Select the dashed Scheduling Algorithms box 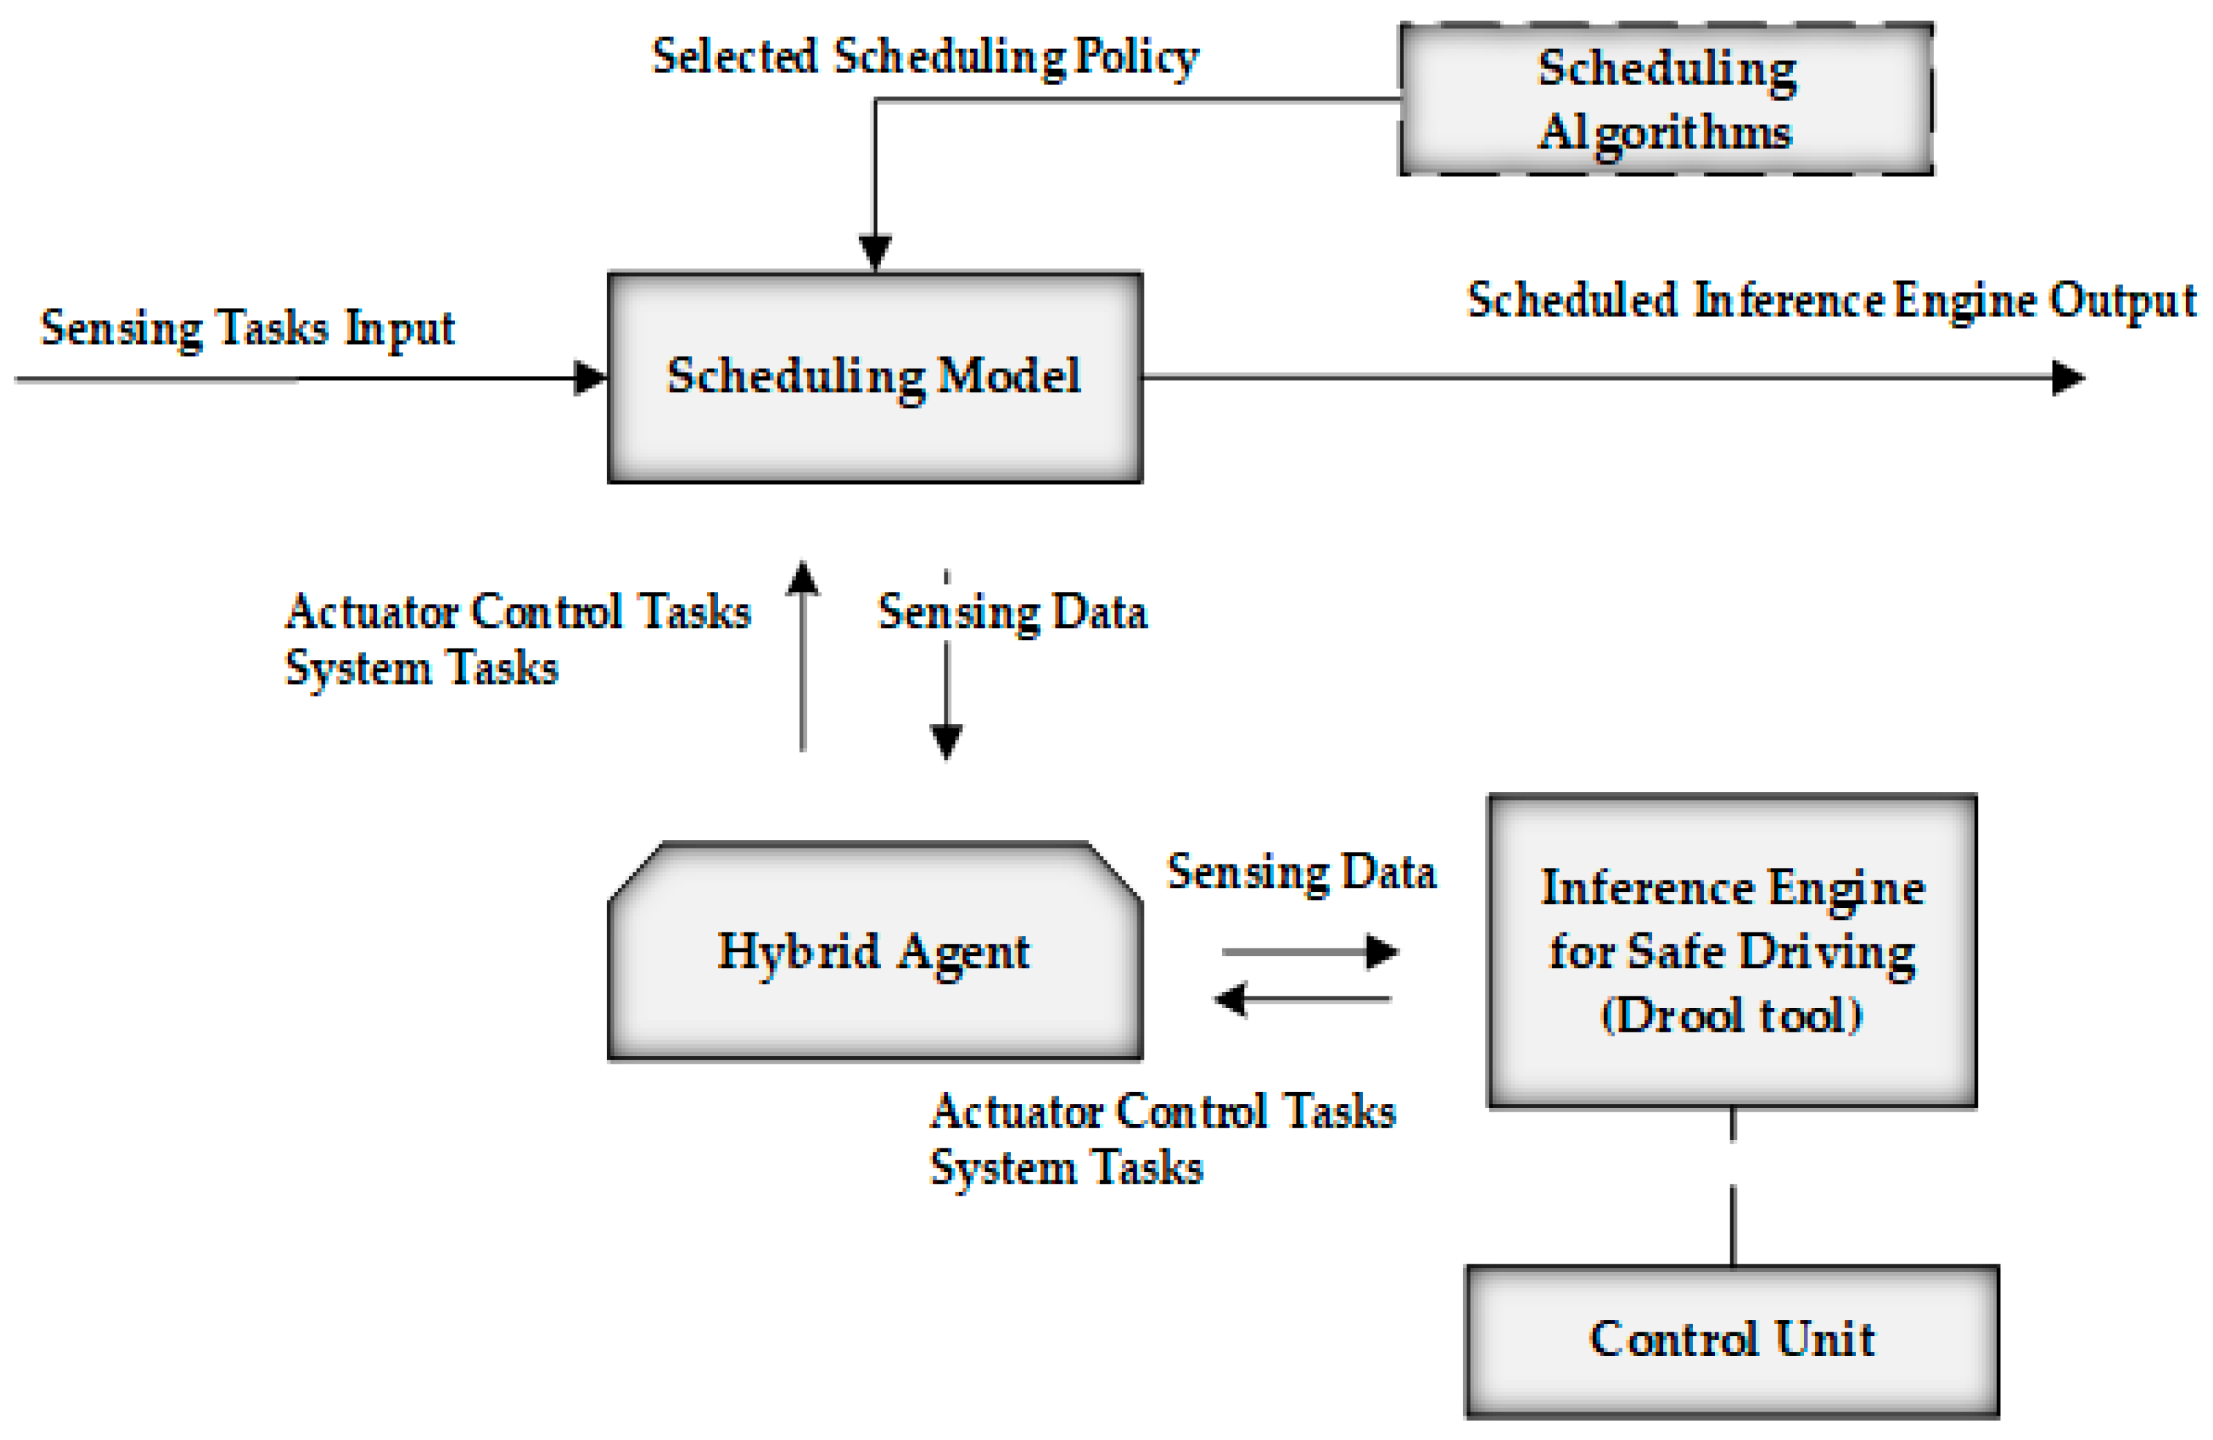[1665, 99]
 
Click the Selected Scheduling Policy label [925, 57]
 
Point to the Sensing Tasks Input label [247, 328]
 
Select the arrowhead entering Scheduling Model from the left [590, 378]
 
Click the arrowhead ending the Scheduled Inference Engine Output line [2068, 378]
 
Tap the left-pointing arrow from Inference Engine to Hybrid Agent [1302, 999]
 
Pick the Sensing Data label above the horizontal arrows [1302, 872]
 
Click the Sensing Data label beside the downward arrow [1012, 612]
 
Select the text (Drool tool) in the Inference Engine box [1731, 1014]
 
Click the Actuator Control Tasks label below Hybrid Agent [1162, 1112]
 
